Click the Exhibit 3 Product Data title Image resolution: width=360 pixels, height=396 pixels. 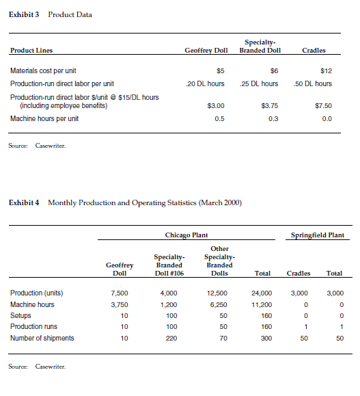[51, 15]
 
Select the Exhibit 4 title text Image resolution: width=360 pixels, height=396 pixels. [126, 202]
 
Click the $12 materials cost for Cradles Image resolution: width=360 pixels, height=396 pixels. [326, 70]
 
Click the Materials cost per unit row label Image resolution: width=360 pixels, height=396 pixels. [43, 70]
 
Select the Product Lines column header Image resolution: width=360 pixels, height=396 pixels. [31, 50]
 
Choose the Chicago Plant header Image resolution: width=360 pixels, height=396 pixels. [186, 235]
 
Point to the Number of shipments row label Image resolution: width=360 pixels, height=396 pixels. [42, 338]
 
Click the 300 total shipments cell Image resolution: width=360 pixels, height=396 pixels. [266, 338]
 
